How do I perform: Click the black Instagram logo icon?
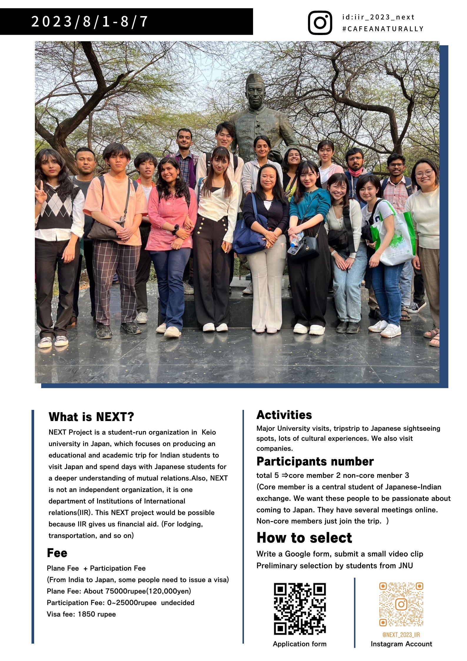coord(320,23)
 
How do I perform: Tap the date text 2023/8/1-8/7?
coord(89,21)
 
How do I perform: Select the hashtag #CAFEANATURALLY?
coord(383,29)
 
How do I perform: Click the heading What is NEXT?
coord(91,417)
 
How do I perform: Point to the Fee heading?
coord(57,553)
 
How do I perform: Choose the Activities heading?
coord(284,415)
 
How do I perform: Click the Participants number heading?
coord(315,461)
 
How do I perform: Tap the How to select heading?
coord(304,538)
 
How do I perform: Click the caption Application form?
coord(300,644)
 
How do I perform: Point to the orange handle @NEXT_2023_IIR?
coord(401,635)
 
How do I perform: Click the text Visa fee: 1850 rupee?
coord(81,614)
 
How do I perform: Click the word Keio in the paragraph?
coord(209,432)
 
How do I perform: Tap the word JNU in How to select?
coord(405,566)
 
